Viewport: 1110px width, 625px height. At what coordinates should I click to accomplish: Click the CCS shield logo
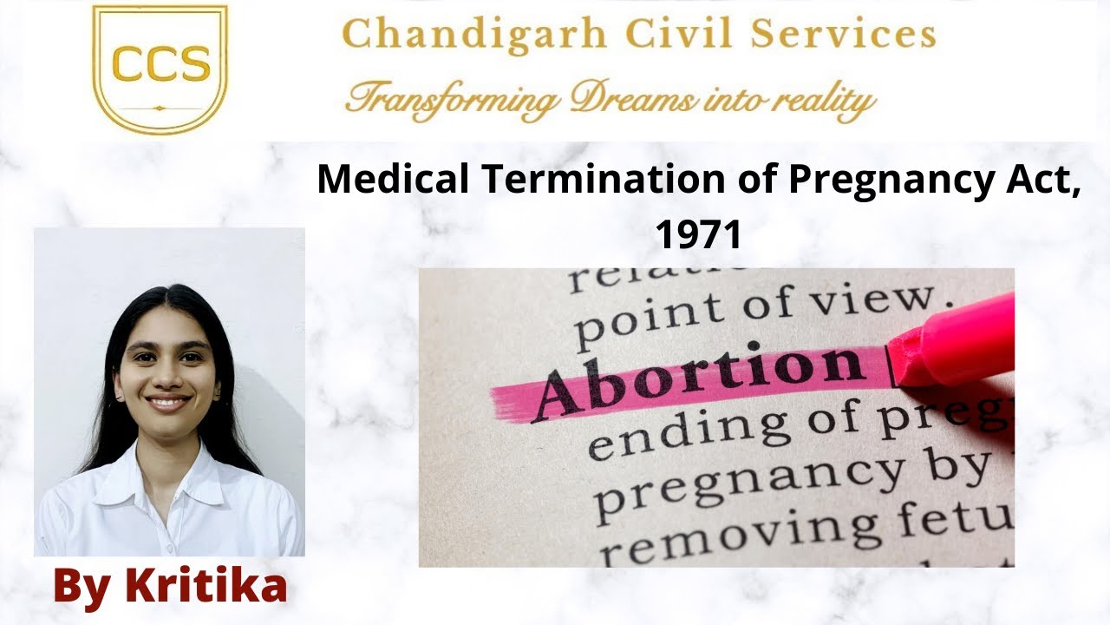coord(160,68)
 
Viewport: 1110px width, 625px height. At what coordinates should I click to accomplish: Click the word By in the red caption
coord(83,586)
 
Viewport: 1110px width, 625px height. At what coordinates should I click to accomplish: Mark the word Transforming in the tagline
coord(452,99)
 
